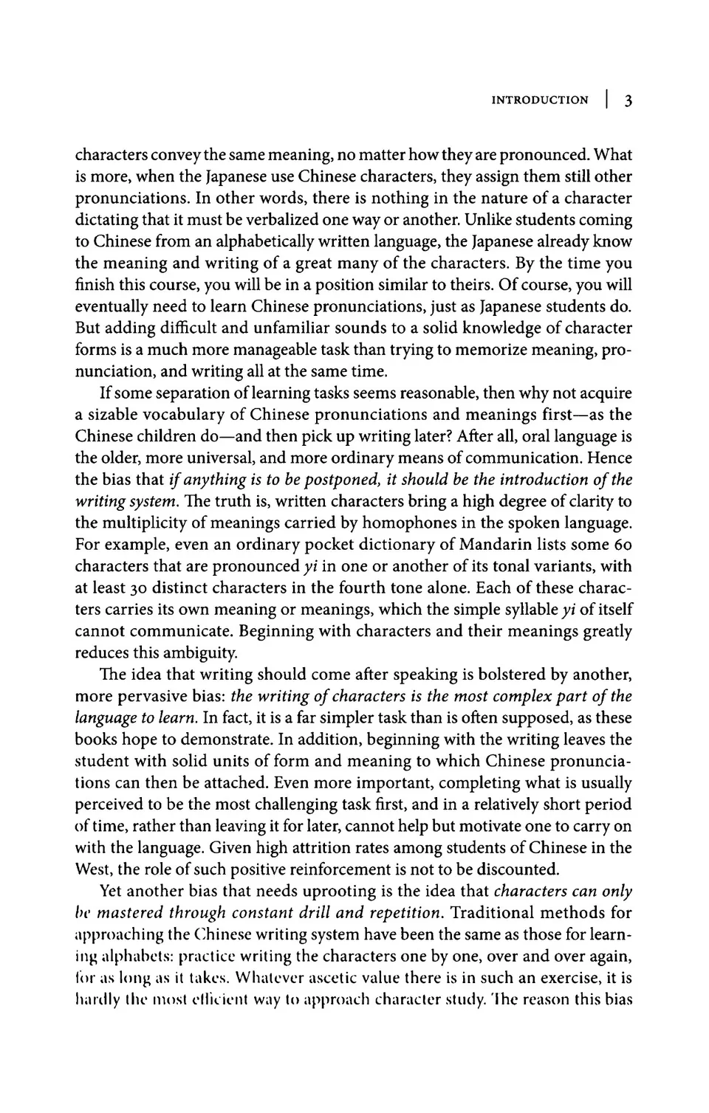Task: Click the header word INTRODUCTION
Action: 540,100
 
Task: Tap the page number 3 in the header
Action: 627,101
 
